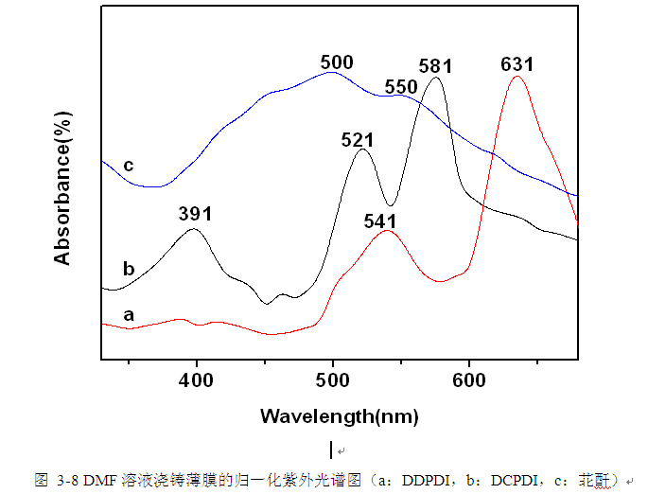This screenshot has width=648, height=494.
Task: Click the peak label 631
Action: [x=517, y=64]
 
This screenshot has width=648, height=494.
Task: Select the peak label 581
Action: [x=436, y=66]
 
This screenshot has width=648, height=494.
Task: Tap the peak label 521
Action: [x=358, y=139]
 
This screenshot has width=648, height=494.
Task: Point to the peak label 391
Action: [x=195, y=213]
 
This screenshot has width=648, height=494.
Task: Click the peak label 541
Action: [x=379, y=221]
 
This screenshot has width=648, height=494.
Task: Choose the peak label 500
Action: [x=337, y=63]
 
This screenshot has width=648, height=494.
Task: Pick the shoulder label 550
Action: [x=401, y=87]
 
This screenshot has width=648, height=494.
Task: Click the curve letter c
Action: [x=129, y=166]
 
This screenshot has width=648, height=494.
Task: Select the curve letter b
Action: [x=129, y=269]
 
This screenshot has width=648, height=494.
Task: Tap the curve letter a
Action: [x=129, y=312]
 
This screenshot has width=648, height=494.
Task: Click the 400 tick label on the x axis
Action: [x=197, y=380]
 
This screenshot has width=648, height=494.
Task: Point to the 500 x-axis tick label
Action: [x=333, y=380]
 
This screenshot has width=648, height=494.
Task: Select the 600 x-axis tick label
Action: [x=468, y=380]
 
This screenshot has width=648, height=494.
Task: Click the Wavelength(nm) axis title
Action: [x=340, y=416]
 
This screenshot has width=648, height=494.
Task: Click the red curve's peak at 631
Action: [x=516, y=77]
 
